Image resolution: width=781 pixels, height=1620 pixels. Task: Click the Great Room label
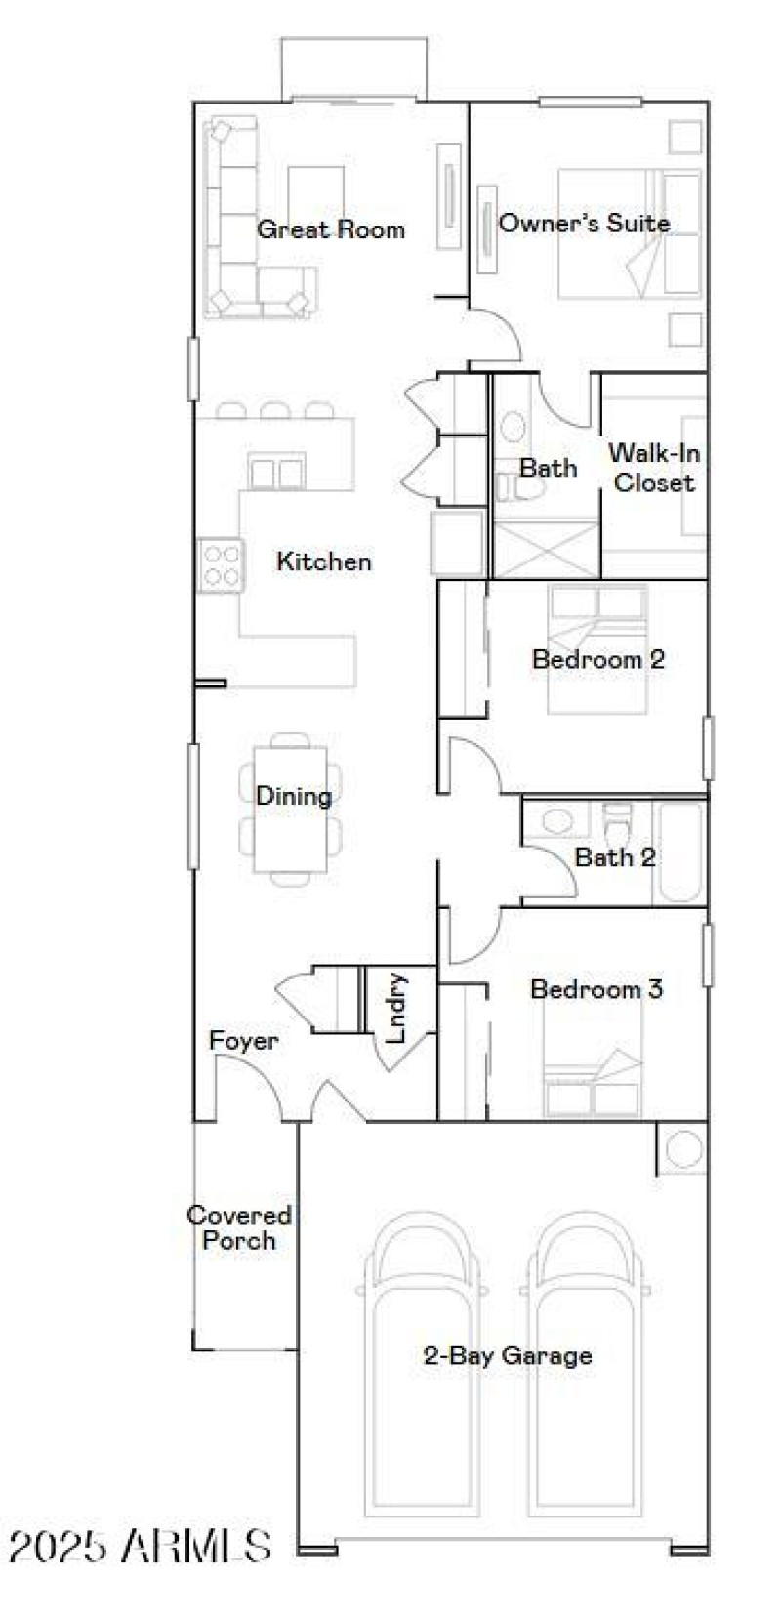click(x=330, y=229)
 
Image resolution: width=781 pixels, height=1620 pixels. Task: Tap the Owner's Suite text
click(x=584, y=224)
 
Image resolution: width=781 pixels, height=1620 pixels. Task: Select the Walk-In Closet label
click(x=654, y=468)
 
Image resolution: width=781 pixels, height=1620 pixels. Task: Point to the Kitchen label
click(x=323, y=561)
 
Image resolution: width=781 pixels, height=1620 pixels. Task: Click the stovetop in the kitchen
click(x=221, y=565)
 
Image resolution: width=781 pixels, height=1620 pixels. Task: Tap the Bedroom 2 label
click(x=597, y=659)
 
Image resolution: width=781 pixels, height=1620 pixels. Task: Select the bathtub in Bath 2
click(x=680, y=852)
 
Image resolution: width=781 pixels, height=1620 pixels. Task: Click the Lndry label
click(x=396, y=1007)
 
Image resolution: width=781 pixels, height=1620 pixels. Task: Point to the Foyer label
click(x=243, y=1041)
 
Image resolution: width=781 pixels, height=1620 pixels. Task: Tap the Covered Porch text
click(x=239, y=1228)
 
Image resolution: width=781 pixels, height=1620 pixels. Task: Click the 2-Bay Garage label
click(x=507, y=1356)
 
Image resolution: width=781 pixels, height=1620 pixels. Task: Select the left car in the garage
click(x=424, y=1367)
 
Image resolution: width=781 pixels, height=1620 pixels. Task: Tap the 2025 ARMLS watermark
click(x=140, y=1546)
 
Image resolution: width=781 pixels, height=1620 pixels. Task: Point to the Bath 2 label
click(x=614, y=858)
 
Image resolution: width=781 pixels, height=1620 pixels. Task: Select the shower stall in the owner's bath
click(x=545, y=549)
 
